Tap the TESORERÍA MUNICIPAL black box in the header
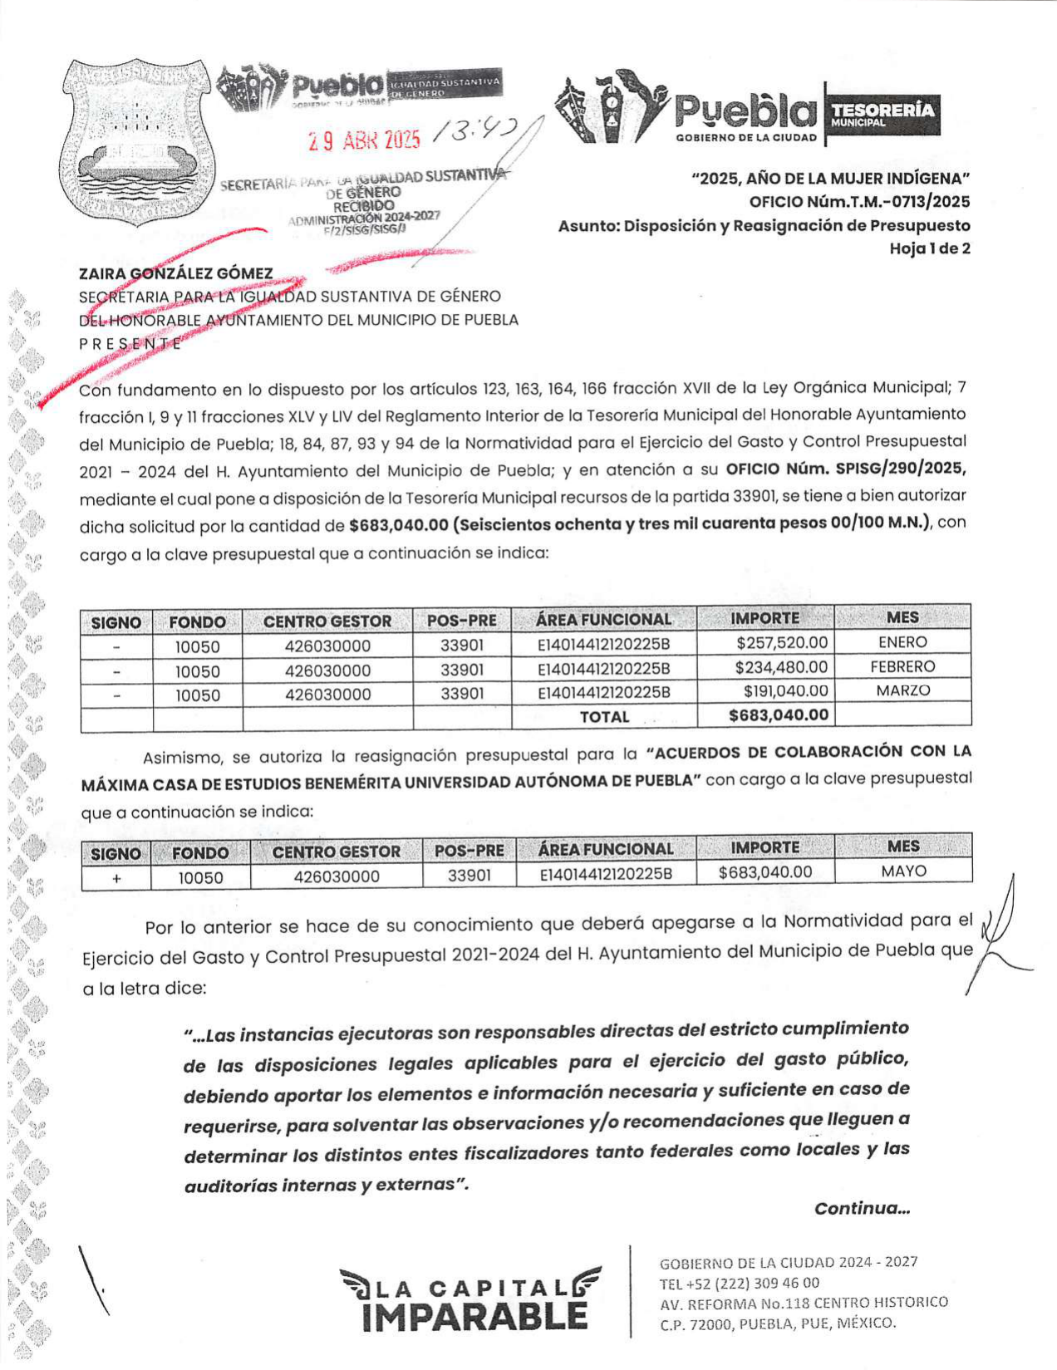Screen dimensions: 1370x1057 (882, 113)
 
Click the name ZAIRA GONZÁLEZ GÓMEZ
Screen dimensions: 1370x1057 (176, 273)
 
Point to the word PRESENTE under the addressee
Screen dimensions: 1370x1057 (130, 343)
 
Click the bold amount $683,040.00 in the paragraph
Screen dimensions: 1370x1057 (399, 525)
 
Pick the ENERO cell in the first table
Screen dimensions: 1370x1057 (902, 642)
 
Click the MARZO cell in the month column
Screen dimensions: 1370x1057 (902, 690)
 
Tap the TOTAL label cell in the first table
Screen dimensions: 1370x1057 (604, 717)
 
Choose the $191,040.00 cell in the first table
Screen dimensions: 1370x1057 (785, 691)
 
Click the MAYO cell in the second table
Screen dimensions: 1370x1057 (903, 872)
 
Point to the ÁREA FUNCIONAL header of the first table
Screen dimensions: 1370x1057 (603, 620)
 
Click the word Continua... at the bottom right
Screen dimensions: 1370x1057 (862, 1209)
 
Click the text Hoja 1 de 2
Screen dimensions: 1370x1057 (929, 248)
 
